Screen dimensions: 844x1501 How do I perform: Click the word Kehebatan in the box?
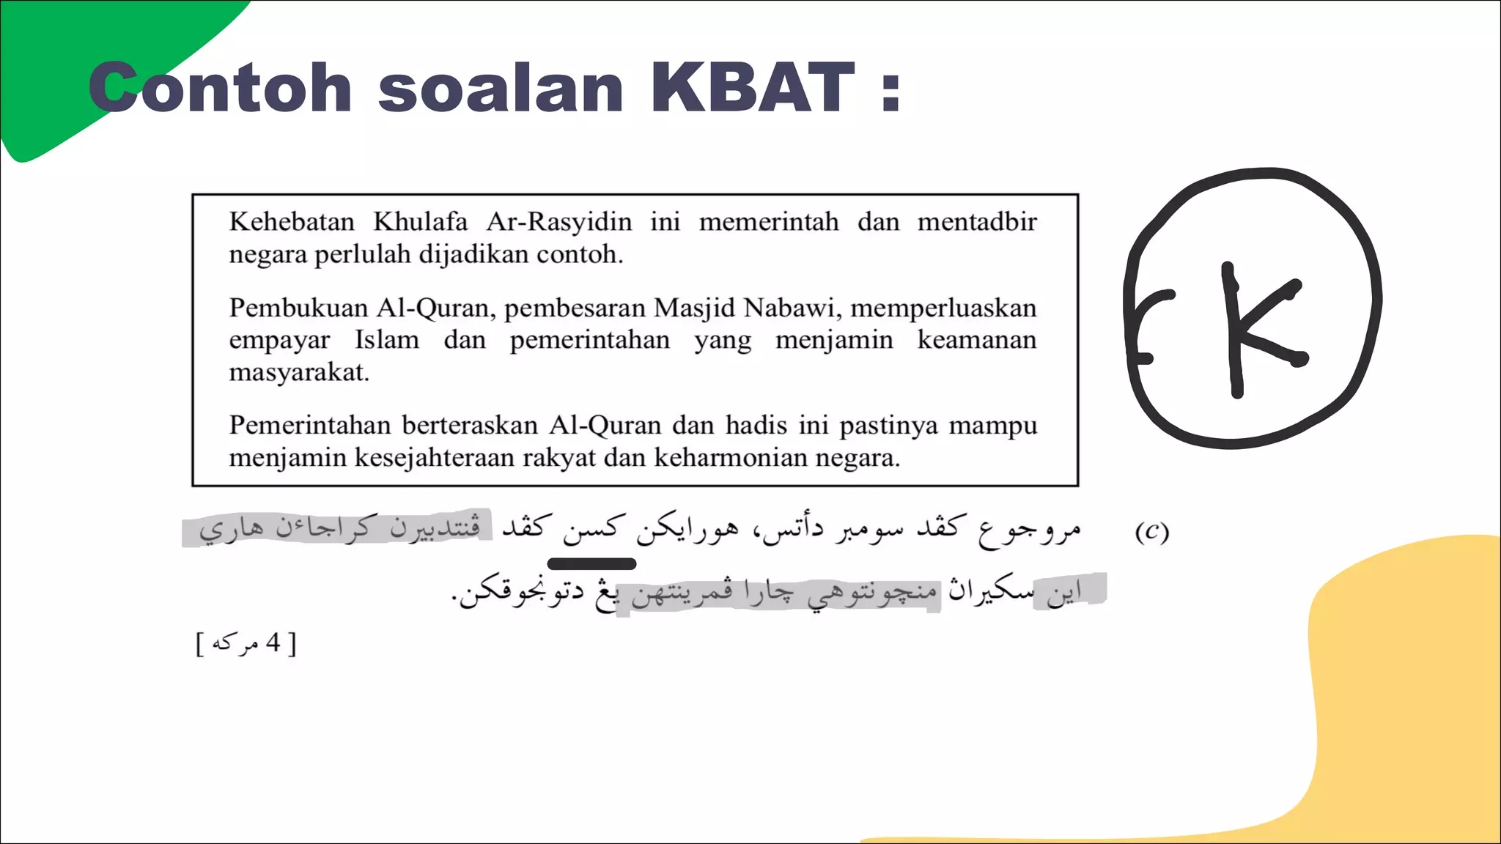292,221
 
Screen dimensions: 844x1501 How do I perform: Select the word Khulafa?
420,221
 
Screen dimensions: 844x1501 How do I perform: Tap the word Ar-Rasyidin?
558,221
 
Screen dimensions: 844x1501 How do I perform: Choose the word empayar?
279,341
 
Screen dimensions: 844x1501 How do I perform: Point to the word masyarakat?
298,372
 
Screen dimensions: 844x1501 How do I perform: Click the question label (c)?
1151,531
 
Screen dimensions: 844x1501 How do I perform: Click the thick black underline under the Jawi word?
591,563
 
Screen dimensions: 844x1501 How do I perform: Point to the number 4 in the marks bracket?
273,643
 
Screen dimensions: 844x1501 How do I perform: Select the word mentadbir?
977,221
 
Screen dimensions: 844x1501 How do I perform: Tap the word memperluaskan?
943,308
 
